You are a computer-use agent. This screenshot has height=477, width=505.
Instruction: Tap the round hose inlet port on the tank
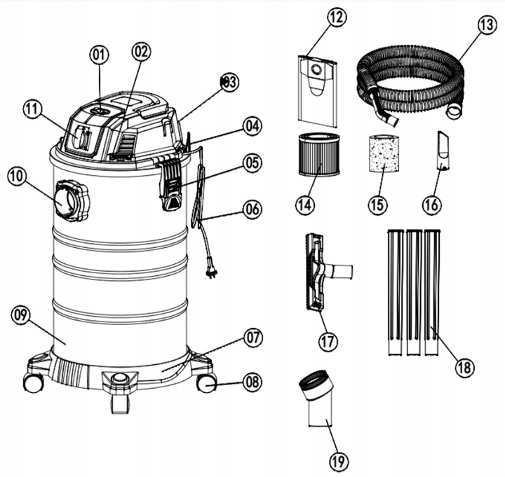click(70, 201)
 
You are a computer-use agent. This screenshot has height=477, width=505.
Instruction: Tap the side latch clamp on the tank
click(170, 184)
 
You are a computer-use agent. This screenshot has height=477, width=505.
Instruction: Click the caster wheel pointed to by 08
click(206, 383)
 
